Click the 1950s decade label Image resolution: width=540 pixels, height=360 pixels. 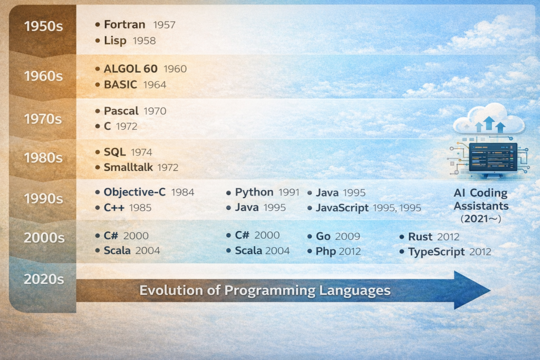click(43, 26)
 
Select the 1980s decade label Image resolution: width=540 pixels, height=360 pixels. click(43, 158)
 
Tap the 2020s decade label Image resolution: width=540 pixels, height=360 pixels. click(44, 279)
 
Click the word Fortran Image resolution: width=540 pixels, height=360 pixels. click(124, 24)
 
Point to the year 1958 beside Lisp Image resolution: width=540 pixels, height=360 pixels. click(144, 41)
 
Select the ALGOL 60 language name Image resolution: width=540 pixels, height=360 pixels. click(131, 69)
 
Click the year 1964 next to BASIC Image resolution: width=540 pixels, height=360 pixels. click(155, 85)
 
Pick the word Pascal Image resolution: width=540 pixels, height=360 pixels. click(121, 111)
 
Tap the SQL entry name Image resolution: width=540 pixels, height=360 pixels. click(114, 152)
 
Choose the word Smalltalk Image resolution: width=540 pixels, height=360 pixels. click(128, 167)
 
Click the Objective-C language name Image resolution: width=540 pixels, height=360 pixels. click(134, 192)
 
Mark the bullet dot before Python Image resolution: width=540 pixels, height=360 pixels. click(228, 193)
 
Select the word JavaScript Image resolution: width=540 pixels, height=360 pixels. click(342, 208)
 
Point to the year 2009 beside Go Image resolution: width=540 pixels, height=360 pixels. click(348, 237)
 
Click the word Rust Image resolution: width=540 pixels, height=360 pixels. click(420, 237)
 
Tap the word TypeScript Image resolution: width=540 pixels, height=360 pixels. click(436, 252)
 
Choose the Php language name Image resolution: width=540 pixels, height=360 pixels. click(326, 251)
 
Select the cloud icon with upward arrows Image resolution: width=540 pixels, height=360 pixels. click(489, 119)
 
